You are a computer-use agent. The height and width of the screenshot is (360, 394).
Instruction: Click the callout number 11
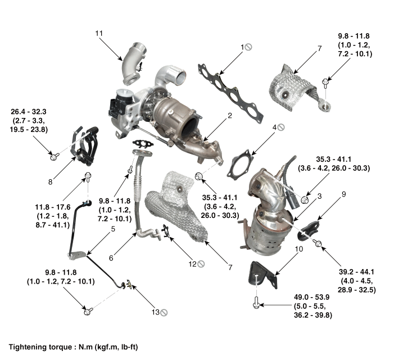[x=99, y=34]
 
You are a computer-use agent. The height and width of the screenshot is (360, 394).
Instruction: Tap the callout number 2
[x=229, y=116]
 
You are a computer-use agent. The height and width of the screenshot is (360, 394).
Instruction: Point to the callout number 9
[x=343, y=195]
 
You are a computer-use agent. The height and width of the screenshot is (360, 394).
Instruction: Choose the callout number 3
[x=319, y=196]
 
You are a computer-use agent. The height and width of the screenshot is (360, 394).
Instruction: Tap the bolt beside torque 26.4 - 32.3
[x=54, y=156]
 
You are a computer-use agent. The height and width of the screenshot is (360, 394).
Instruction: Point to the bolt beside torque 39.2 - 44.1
[x=318, y=243]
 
